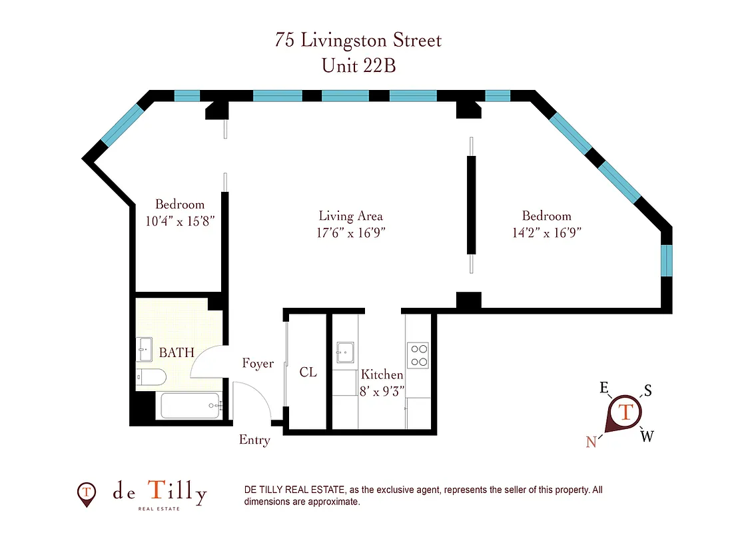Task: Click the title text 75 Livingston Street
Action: point(358,40)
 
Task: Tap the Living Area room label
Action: point(350,216)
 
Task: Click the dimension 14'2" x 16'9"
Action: point(546,233)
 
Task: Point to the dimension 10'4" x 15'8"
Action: point(180,221)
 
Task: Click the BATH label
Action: point(177,352)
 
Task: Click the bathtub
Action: point(190,405)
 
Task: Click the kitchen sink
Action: point(345,351)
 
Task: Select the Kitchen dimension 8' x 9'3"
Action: point(382,392)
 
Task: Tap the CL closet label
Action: point(308,372)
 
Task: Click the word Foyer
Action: point(258,364)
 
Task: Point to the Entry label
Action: point(254,440)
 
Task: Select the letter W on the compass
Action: point(647,436)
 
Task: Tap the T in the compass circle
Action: point(626,411)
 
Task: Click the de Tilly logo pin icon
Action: point(86,494)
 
